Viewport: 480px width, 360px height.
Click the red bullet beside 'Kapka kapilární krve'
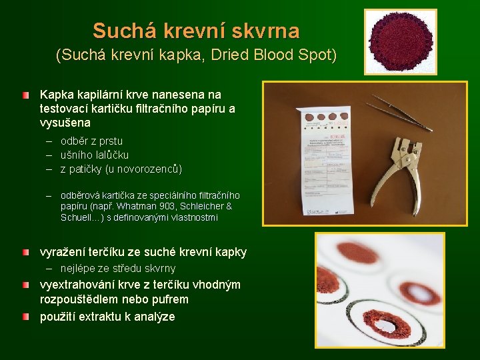click(25, 96)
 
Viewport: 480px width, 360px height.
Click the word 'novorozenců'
click(147, 169)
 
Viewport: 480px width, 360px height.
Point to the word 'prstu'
click(111, 141)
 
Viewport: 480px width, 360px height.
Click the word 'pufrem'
click(171, 299)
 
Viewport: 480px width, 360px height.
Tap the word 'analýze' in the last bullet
click(153, 317)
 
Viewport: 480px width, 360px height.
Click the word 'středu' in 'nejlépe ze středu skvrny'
click(134, 268)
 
